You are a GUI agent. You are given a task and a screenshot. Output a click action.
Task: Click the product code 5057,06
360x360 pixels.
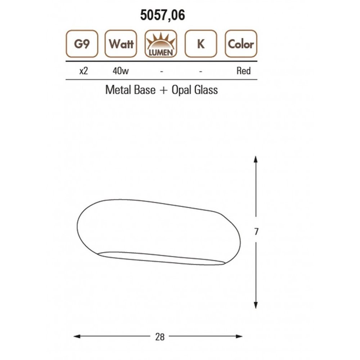coord(163,15)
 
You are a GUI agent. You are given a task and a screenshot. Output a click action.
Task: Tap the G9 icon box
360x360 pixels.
coord(82,44)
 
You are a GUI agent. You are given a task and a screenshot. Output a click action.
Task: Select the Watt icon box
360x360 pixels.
coord(121,44)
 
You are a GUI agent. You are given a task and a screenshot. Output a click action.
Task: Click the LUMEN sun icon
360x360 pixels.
coord(161,44)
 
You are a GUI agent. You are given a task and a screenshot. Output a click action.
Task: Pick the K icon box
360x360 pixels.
coord(201,44)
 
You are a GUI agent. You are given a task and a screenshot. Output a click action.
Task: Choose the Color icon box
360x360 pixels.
coord(241,44)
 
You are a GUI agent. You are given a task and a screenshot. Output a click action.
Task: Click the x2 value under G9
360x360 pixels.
coord(84,71)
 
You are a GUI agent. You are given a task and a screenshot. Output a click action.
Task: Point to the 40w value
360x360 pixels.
coord(121,71)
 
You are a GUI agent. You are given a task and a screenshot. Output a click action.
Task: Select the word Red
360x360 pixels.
coord(244,71)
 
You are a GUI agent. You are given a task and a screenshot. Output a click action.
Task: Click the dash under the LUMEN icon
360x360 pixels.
coord(162,72)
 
